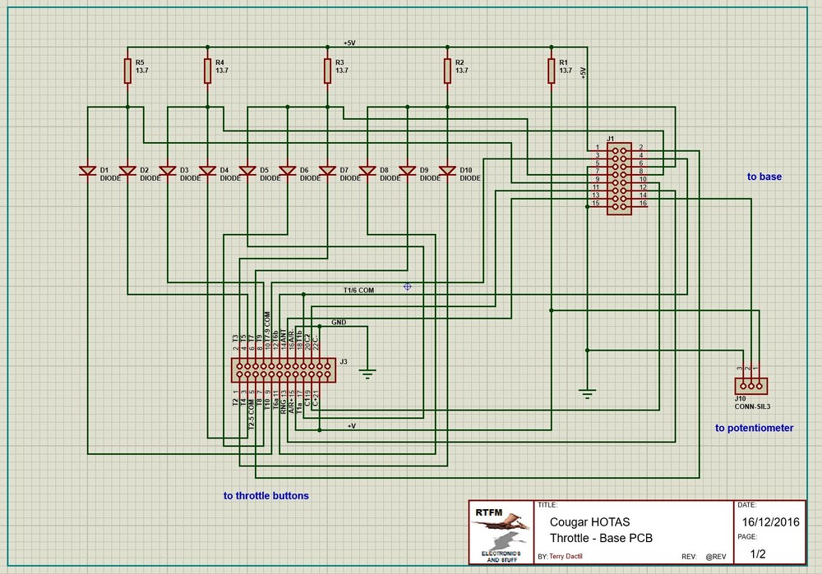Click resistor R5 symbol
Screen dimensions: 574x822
tap(127, 71)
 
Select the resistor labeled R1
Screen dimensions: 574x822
tap(552, 71)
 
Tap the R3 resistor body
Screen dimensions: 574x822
tap(328, 71)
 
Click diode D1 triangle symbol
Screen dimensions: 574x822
tap(88, 171)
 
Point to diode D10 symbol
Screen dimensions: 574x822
tap(447, 171)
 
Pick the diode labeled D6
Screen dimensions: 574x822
tap(288, 171)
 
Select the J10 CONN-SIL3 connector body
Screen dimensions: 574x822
tap(750, 385)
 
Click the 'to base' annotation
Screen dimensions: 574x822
tap(764, 177)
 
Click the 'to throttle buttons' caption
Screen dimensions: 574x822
tap(266, 496)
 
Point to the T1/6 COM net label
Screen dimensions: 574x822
tap(358, 290)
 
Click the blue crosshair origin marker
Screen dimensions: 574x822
tap(407, 286)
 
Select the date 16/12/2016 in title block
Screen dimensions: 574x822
tap(769, 522)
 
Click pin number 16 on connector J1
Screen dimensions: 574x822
tap(643, 203)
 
